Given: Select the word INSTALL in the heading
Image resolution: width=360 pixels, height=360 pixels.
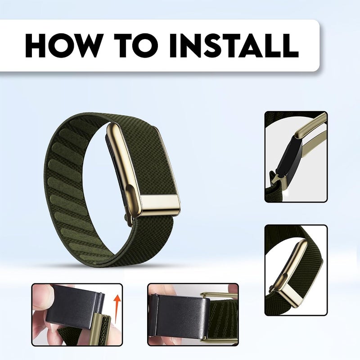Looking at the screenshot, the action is (x=234, y=45).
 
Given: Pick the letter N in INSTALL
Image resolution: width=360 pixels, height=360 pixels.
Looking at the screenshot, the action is (x=189, y=45).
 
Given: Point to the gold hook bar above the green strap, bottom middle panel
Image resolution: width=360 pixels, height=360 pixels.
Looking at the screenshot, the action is (x=218, y=296).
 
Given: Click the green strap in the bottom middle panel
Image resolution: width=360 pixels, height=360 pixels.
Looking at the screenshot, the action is (x=224, y=319).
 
